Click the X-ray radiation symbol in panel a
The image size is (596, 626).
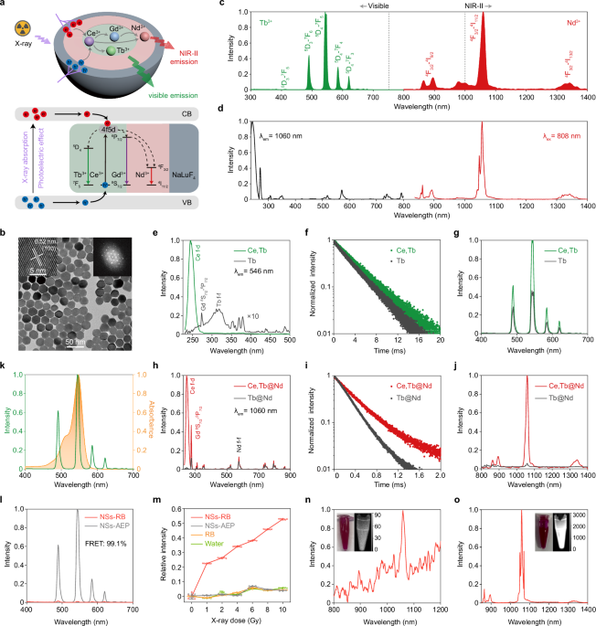[21, 28]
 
